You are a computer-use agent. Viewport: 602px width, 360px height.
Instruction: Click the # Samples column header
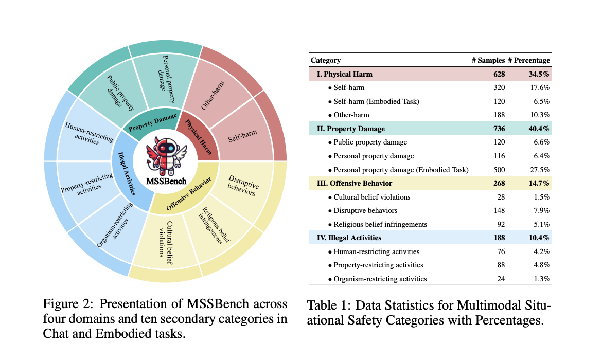click(x=488, y=60)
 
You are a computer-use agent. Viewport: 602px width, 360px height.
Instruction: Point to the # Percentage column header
click(x=529, y=60)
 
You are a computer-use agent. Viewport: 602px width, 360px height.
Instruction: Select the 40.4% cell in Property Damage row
click(x=539, y=129)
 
